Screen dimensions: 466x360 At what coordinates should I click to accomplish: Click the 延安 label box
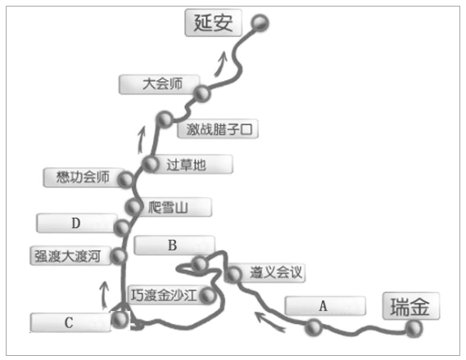[214, 23]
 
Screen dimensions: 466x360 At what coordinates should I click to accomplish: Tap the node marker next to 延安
[260, 23]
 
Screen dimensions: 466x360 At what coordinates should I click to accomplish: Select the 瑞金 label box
[411, 306]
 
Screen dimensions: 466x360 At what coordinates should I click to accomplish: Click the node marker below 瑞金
[414, 329]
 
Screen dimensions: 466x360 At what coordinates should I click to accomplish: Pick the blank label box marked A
[325, 306]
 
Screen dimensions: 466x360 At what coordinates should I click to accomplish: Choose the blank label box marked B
[174, 245]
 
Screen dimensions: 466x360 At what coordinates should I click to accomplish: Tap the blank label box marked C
[70, 322]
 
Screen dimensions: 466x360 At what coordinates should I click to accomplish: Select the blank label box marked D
[77, 223]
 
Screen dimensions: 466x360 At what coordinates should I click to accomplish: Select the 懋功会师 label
[84, 178]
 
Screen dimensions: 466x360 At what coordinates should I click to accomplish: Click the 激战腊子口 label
[218, 128]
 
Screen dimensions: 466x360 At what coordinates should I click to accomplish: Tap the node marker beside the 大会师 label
[202, 93]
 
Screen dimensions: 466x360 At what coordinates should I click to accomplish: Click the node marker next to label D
[121, 228]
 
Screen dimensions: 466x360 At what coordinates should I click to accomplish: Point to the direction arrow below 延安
[220, 64]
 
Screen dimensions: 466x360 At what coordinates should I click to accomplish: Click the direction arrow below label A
[269, 322]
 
